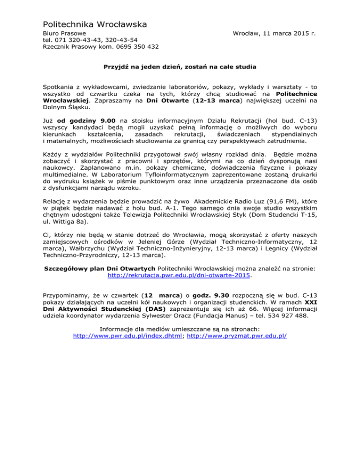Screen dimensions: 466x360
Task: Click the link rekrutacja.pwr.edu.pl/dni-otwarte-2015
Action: coord(180,276)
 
